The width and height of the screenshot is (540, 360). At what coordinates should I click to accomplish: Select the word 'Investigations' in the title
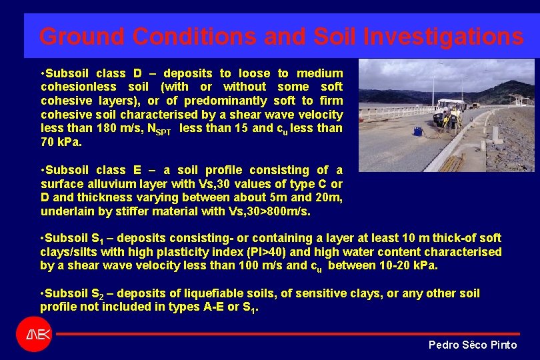pyautogui.click(x=443, y=36)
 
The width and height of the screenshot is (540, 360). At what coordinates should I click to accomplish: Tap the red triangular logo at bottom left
pyautogui.click(x=33, y=333)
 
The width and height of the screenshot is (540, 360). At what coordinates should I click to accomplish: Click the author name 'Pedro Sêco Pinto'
pyautogui.click(x=472, y=345)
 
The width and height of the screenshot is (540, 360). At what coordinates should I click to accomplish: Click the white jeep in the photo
pyautogui.click(x=451, y=107)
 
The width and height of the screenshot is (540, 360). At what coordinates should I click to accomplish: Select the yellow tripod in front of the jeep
pyautogui.click(x=452, y=120)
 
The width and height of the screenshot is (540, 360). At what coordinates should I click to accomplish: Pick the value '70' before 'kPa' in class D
pyautogui.click(x=48, y=142)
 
